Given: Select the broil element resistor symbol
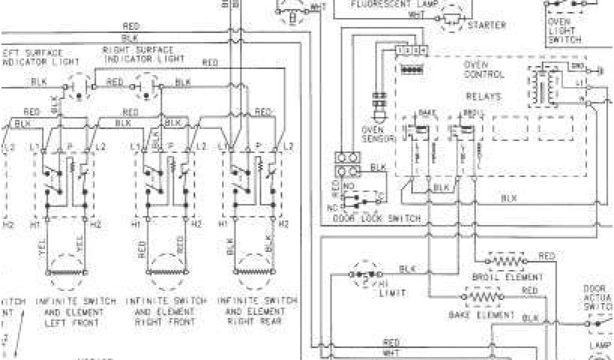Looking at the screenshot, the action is (x=506, y=261).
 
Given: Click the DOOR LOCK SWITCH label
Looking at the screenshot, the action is (x=377, y=219).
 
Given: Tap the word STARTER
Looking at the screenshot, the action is (x=486, y=25).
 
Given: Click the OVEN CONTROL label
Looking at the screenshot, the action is (x=484, y=70).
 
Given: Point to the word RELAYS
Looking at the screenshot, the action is (x=484, y=96).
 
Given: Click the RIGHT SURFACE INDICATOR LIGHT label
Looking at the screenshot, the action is (x=145, y=55).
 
